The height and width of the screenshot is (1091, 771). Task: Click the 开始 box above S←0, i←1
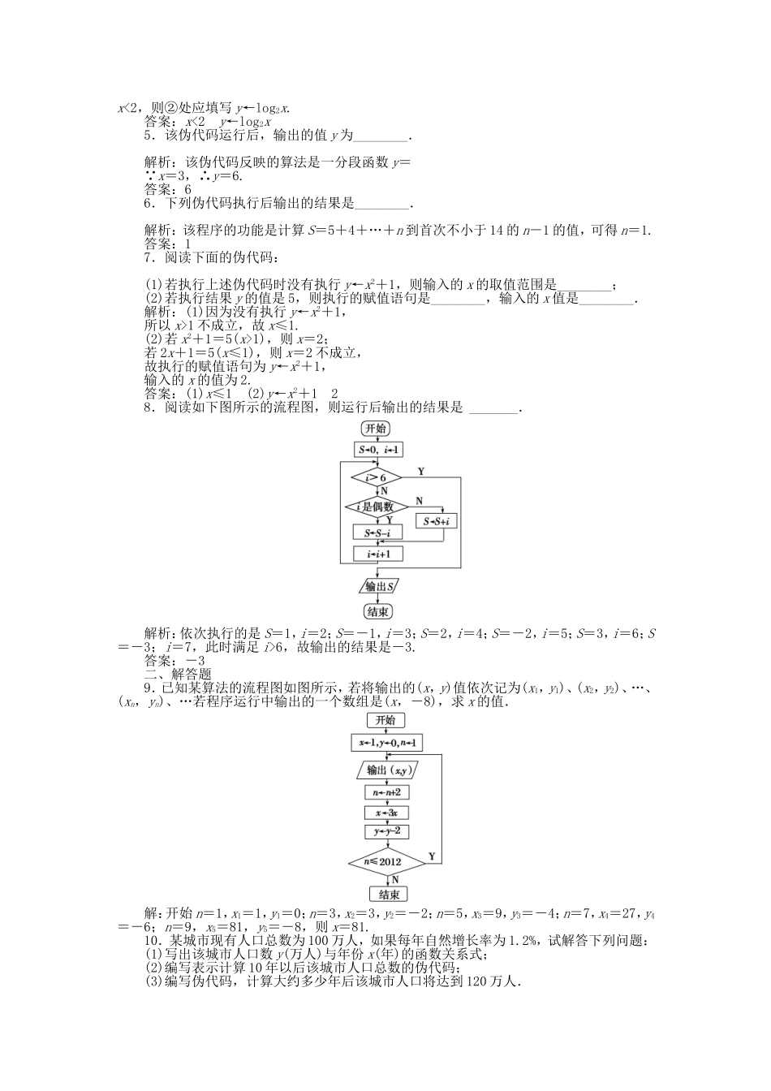coord(376,429)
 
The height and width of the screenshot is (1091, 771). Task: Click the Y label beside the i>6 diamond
coord(420,471)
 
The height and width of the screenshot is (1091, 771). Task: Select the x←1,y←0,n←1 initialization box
coord(386,743)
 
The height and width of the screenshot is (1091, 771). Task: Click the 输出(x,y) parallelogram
coord(385,770)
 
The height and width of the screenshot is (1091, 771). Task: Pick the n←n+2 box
coord(386,791)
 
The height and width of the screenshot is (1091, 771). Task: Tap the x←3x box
coord(386,812)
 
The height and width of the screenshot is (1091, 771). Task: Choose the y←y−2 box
coord(386,831)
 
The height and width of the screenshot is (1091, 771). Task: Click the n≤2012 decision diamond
coord(386,860)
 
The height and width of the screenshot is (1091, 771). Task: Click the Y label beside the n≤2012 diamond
coord(431,856)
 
